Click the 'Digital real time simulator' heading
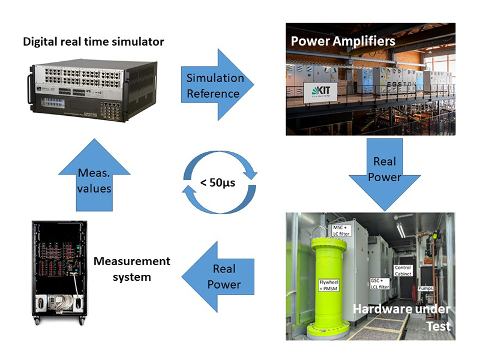(93, 41)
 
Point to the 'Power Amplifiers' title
(343, 41)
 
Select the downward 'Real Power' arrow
(385, 170)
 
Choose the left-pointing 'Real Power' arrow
(223, 276)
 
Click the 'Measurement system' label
(132, 269)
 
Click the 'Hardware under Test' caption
(400, 316)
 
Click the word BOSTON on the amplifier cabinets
(395, 85)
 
